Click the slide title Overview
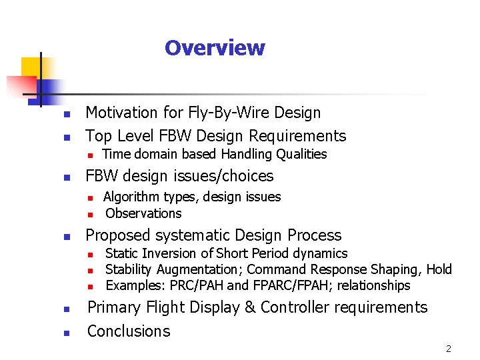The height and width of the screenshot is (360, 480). (215, 48)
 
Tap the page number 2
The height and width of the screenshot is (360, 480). (449, 349)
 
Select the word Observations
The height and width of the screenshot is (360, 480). (143, 213)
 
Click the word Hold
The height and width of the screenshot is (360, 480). (439, 269)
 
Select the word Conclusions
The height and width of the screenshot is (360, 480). (129, 331)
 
